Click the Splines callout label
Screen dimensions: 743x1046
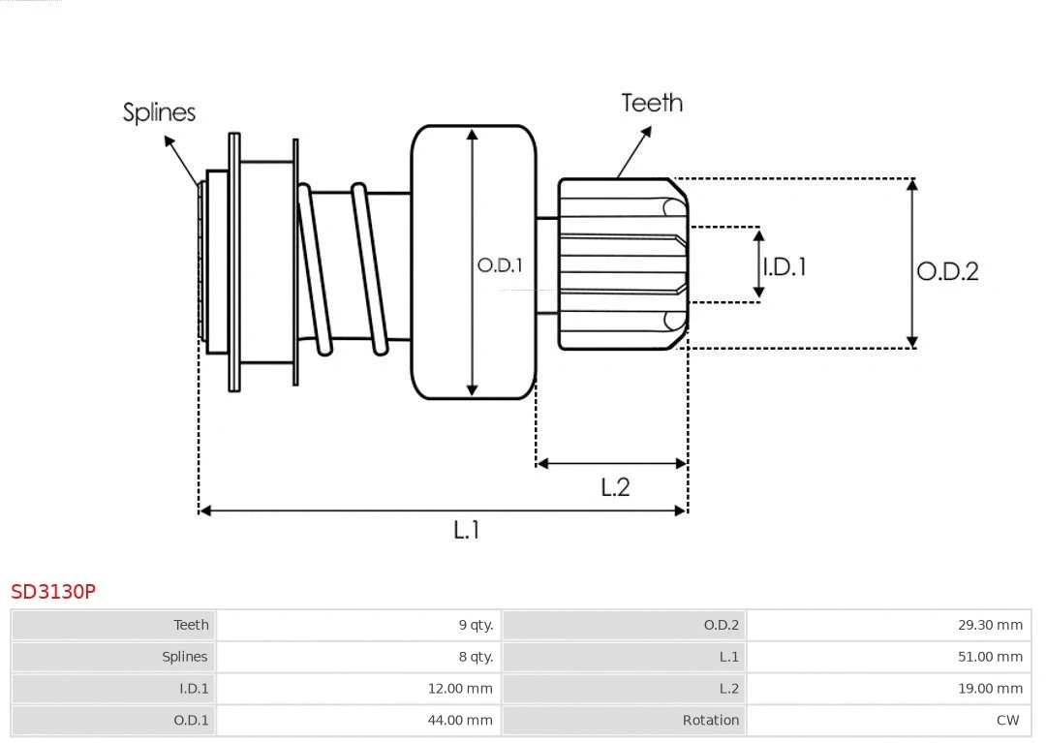pos(159,112)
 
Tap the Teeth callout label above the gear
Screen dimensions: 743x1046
pos(652,103)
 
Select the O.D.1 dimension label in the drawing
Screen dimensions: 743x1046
pos(500,264)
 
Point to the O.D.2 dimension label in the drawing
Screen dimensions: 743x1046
pos(947,271)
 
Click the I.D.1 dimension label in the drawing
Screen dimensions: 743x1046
pos(784,266)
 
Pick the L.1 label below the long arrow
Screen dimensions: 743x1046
pos(467,530)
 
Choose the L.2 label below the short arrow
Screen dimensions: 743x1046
pos(615,487)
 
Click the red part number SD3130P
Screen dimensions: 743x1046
pos(53,591)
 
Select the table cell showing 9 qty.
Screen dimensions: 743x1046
pos(476,625)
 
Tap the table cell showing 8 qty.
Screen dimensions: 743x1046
pos(476,657)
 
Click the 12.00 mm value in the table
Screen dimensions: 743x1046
pos(460,689)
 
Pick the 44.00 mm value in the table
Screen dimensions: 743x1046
pos(460,721)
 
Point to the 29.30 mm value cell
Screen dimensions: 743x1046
pos(990,625)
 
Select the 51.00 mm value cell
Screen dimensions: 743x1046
pos(990,657)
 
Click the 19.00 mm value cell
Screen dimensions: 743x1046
pos(990,689)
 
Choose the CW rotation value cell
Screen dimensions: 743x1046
pos(1007,721)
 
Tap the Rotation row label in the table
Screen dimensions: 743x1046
pos(710,721)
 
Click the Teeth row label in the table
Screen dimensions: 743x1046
pos(191,625)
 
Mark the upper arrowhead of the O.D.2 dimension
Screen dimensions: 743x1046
pos(911,184)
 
